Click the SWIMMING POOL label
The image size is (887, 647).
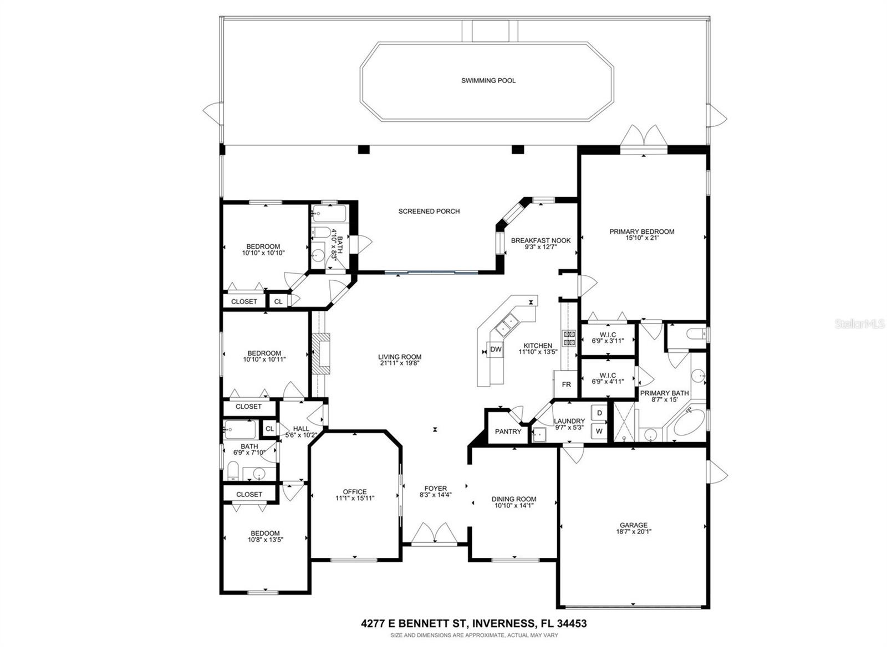coord(488,81)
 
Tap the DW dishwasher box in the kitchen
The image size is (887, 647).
coord(496,350)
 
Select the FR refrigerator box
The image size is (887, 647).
coord(566,384)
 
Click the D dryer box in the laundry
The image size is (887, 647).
coord(599,413)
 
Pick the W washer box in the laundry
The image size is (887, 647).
coord(599,430)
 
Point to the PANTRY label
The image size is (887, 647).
coord(508,432)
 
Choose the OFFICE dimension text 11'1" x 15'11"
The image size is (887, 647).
coord(355,499)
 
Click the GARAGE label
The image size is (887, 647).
coord(633,525)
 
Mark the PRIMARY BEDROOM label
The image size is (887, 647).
coord(641,232)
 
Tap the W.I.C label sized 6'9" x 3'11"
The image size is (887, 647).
coord(608,337)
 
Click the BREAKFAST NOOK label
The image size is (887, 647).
coord(541,240)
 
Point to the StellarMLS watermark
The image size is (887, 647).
coord(860,323)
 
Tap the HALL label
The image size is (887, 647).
coord(301,429)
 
